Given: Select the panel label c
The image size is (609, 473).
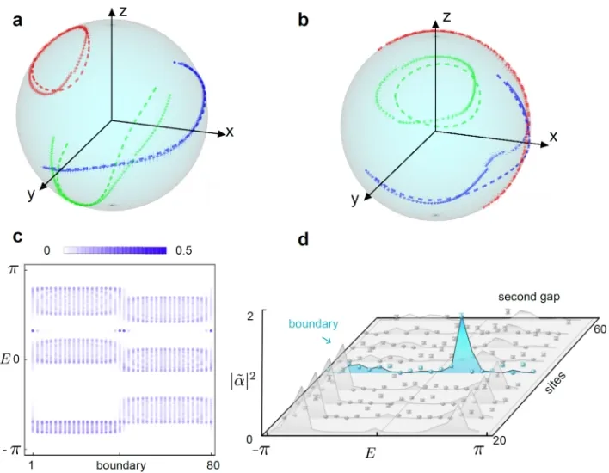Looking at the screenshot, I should [x=16, y=236].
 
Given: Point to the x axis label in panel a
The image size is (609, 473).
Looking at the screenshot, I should [x=230, y=132].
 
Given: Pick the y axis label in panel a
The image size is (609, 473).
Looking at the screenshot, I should [x=31, y=194].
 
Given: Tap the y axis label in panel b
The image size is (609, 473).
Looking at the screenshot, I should [x=354, y=200].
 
